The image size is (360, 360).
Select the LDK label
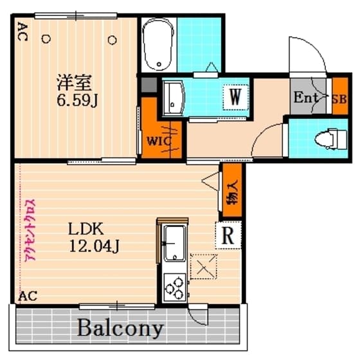pyautogui.click(x=86, y=229)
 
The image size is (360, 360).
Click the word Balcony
pyautogui.click(x=121, y=328)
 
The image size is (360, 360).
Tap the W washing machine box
pyautogui.click(x=235, y=97)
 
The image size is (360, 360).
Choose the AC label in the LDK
pyautogui.click(x=27, y=296)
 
